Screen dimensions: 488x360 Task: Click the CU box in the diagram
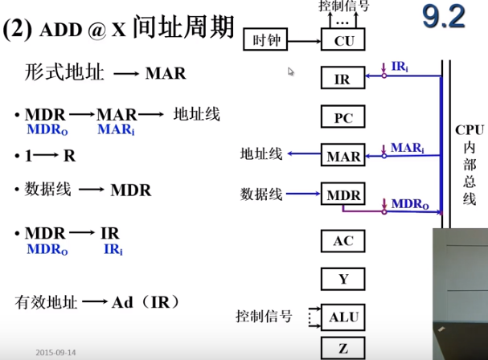(x=343, y=40)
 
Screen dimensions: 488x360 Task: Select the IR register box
(x=343, y=79)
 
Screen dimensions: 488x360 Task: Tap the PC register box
(x=343, y=118)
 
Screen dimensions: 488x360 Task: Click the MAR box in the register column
(x=343, y=157)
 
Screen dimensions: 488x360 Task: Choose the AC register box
(x=343, y=240)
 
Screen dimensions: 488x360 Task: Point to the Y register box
(x=343, y=279)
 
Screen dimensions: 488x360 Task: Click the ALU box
(x=343, y=317)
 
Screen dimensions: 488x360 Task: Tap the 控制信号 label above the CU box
(x=343, y=7)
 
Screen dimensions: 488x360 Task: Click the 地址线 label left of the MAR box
(x=261, y=153)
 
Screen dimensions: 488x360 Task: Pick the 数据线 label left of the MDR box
(x=261, y=194)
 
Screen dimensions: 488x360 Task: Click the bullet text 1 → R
(x=40, y=154)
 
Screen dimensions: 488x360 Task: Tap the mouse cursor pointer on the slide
(x=291, y=72)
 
